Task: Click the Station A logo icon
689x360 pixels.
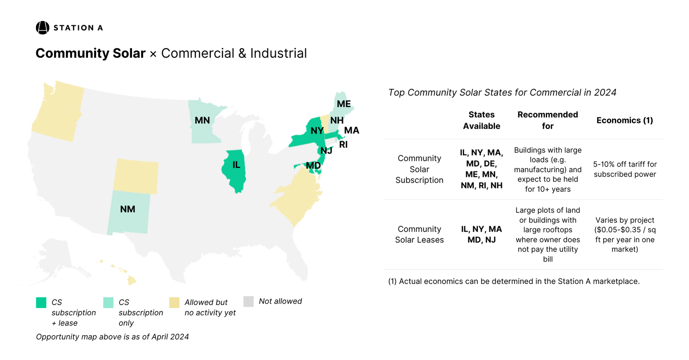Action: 42,28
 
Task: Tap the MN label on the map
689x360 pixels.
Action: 202,120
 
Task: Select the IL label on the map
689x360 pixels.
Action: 236,165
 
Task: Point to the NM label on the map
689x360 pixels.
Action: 127,209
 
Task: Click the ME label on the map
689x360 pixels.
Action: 344,104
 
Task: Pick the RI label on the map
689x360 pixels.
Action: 343,144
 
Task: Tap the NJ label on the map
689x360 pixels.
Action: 326,151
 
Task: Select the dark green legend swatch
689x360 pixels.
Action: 41,303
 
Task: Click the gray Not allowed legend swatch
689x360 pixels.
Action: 248,301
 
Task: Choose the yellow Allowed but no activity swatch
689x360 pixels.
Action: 174,303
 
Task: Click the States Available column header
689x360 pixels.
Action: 482,120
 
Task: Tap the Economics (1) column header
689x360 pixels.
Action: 625,120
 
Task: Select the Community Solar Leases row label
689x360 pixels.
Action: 419,234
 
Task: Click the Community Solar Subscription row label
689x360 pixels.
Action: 419,169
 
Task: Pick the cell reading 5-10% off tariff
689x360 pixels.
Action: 625,169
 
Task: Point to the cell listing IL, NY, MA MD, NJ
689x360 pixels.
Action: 482,234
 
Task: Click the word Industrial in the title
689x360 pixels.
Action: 278,53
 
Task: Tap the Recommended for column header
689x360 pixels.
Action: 547,120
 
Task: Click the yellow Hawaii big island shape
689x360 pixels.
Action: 131,281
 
